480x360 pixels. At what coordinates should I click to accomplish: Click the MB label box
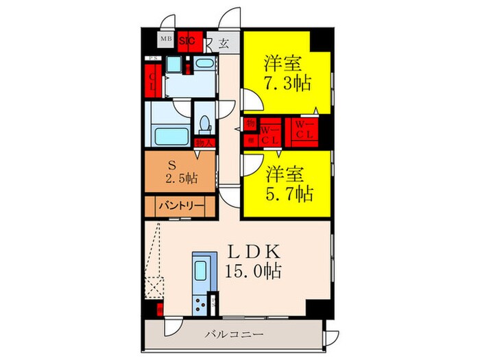point(166,39)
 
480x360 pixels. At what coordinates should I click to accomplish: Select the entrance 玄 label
point(224,42)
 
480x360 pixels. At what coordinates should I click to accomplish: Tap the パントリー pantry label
point(180,206)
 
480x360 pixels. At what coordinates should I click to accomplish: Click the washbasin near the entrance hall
point(204,66)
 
